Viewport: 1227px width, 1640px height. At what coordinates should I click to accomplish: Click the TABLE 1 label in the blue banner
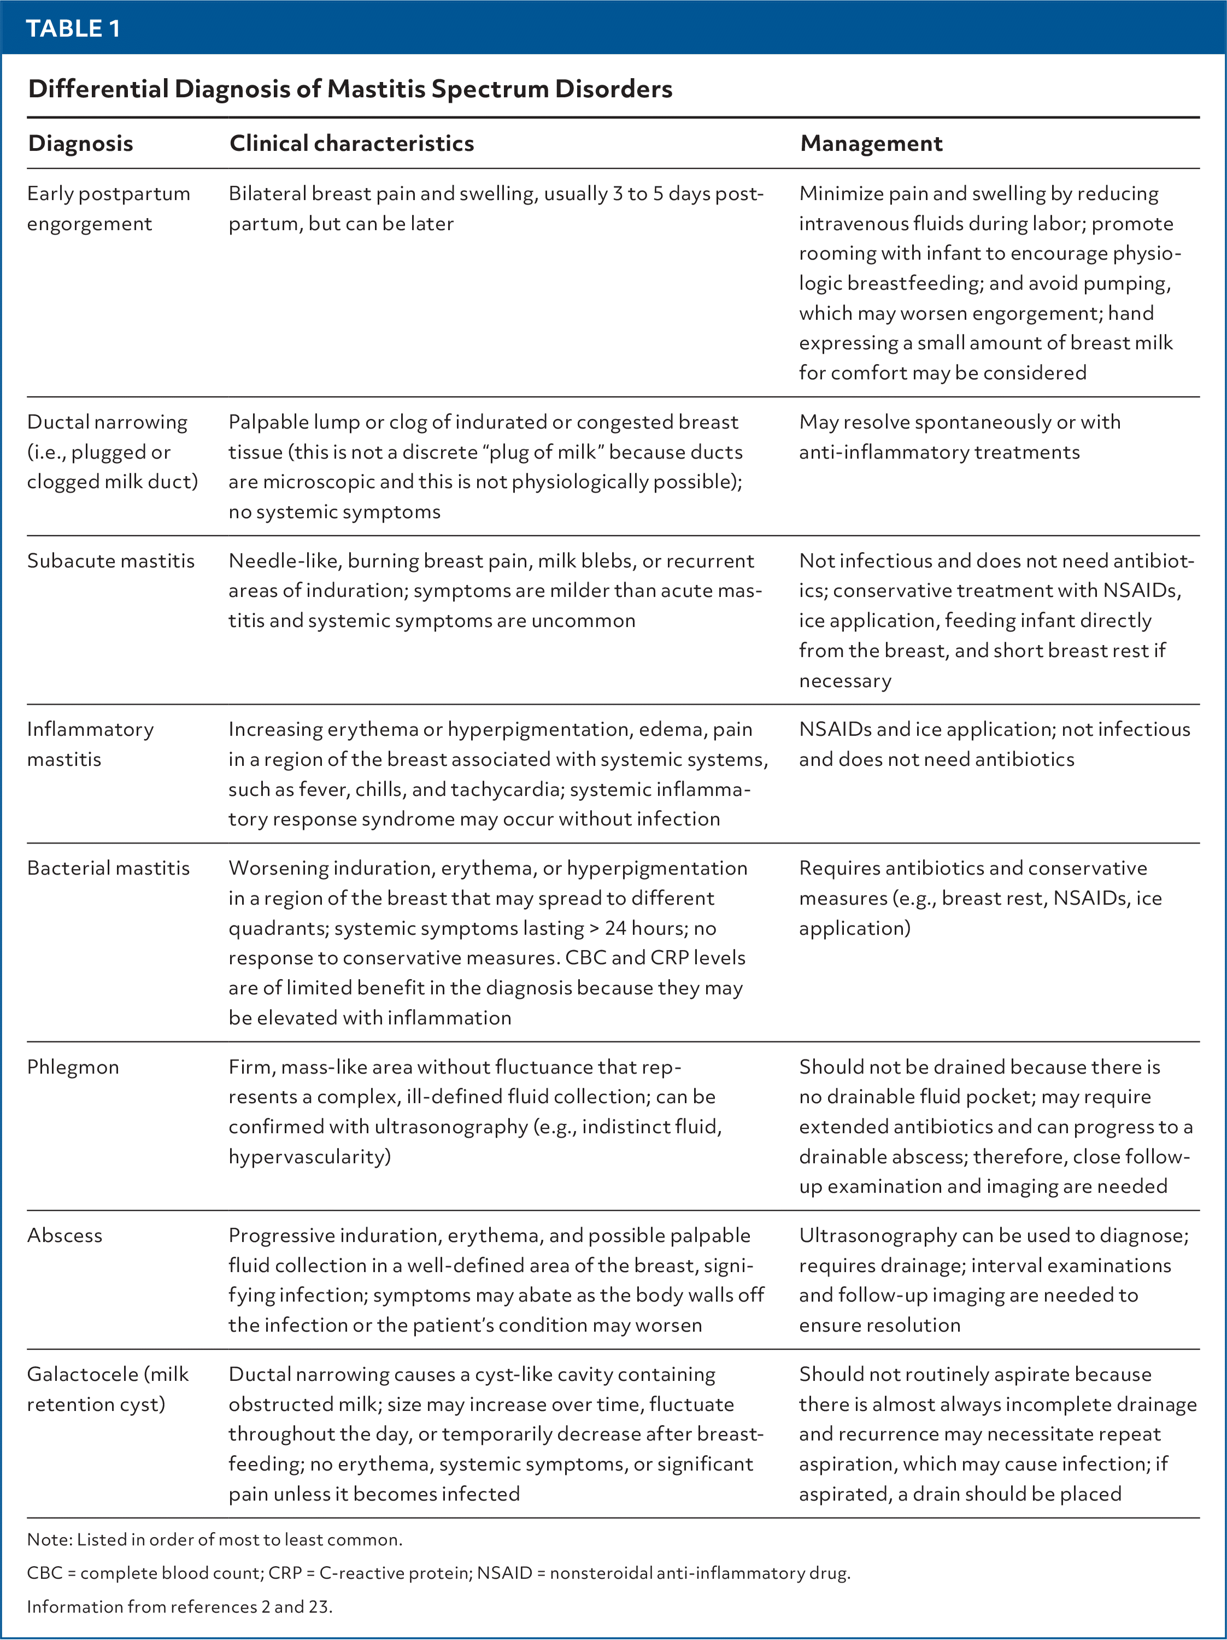click(73, 29)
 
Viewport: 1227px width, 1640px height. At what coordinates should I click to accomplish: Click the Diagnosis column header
click(80, 143)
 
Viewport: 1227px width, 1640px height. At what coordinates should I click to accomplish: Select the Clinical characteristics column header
click(351, 143)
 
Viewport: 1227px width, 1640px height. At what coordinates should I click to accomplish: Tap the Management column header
click(871, 143)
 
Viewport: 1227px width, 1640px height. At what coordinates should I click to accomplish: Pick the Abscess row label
click(64, 1235)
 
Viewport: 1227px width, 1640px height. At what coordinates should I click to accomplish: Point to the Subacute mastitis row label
click(110, 560)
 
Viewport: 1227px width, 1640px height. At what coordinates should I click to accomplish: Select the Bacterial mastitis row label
click(108, 868)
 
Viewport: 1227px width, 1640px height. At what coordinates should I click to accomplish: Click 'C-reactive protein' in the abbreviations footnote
click(383, 1573)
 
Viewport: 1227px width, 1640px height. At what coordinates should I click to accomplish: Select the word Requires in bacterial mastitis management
click(838, 868)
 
